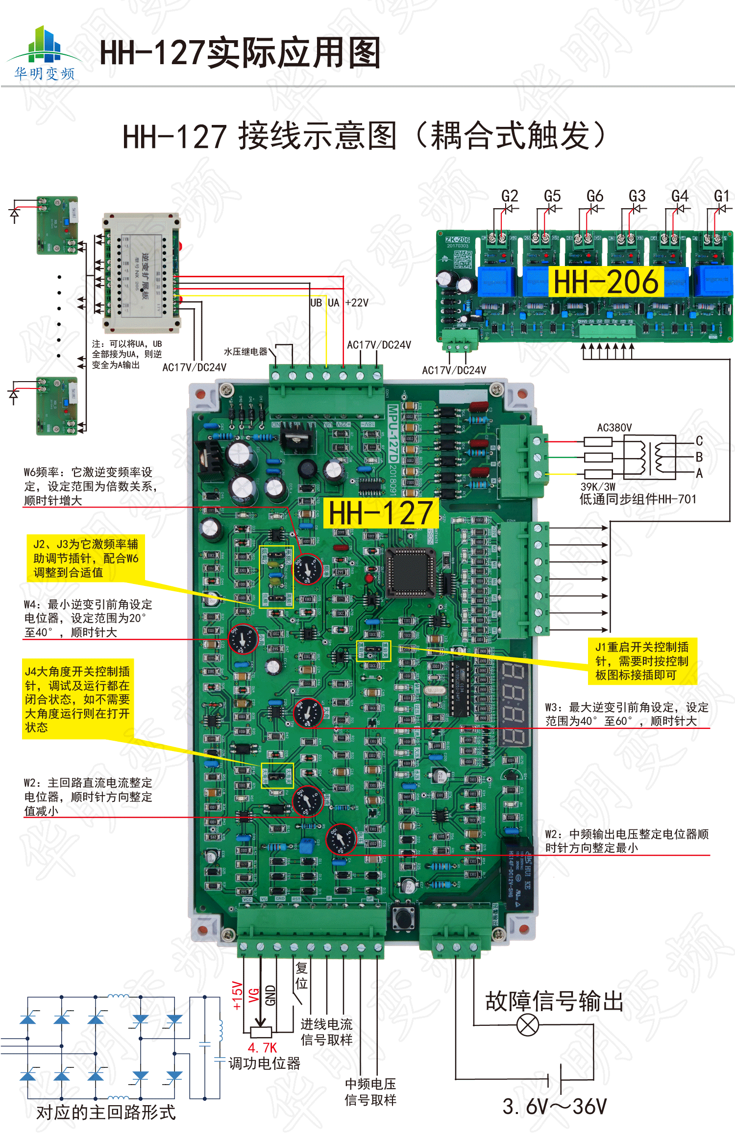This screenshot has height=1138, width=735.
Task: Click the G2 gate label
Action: coord(510,196)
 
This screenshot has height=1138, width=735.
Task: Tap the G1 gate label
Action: coord(721,196)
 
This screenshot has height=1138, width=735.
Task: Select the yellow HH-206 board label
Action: coord(606,282)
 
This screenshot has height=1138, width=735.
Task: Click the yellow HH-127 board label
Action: coord(381,513)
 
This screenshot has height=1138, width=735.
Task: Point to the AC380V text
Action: coord(614,428)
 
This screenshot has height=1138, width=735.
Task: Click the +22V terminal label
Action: coord(357,303)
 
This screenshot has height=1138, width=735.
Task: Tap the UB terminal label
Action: coord(316,303)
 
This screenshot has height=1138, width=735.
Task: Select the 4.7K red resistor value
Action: coord(262,1047)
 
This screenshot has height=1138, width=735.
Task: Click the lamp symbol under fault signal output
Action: coord(528,1025)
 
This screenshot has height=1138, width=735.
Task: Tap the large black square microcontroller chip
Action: coord(411,572)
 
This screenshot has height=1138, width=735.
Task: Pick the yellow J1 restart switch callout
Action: coord(642,661)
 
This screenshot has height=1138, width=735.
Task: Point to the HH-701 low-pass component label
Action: coord(637,499)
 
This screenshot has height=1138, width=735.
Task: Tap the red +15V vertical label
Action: coord(237,995)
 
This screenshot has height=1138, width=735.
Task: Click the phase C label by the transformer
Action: coord(699,441)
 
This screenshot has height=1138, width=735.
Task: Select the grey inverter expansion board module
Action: coord(141,272)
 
